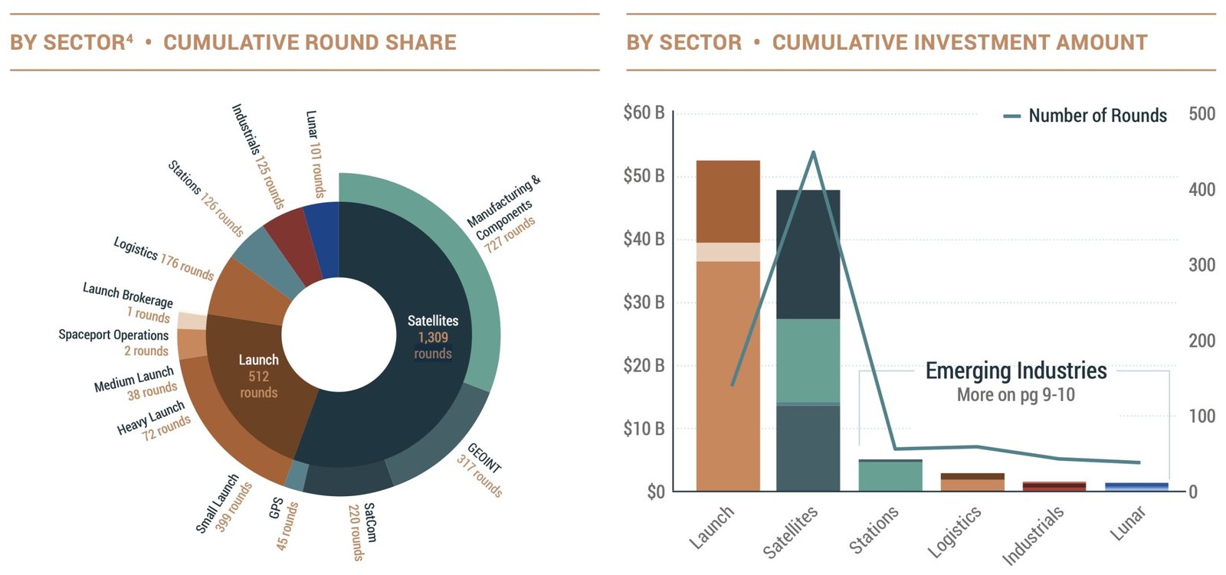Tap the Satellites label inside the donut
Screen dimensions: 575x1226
[433, 321]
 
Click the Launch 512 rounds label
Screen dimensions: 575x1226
[259, 376]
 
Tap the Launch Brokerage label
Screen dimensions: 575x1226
[129, 294]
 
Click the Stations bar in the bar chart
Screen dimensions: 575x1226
[890, 475]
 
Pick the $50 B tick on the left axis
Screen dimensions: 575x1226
[644, 176]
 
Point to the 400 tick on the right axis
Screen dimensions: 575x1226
[1201, 189]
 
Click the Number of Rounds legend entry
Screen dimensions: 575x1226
[1086, 116]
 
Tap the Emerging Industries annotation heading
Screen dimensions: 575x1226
[1016, 371]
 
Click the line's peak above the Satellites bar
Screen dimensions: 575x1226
[813, 152]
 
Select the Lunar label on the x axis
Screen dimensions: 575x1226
[1129, 523]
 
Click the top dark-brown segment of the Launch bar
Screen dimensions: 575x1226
[728, 201]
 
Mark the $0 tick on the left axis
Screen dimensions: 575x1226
[655, 492]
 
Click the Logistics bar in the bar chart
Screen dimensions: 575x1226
[972, 482]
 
